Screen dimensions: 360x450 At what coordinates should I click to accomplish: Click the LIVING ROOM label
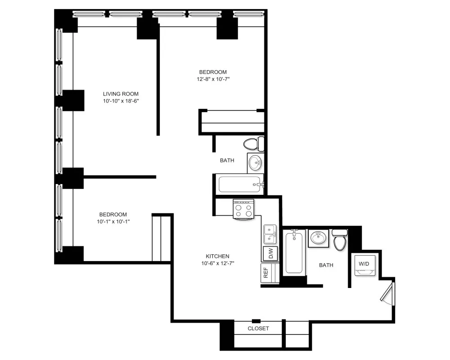pos(120,94)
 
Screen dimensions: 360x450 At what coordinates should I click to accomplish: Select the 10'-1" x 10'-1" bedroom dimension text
pos(113,221)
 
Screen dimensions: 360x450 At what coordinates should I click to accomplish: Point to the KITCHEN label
pos(219,256)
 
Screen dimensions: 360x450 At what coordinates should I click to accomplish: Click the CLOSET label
pos(258,328)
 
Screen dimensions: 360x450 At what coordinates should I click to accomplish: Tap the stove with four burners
pos(243,210)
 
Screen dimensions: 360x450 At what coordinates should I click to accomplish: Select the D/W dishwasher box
pos(270,254)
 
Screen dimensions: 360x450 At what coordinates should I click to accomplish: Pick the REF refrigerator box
pos(266,273)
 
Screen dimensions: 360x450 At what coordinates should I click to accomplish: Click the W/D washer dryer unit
pos(364,265)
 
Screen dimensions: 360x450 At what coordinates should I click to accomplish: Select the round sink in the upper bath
pos(255,162)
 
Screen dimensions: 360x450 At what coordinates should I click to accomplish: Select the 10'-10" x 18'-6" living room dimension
pos(120,101)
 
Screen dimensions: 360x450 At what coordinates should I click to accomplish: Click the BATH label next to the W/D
pos(326,265)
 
